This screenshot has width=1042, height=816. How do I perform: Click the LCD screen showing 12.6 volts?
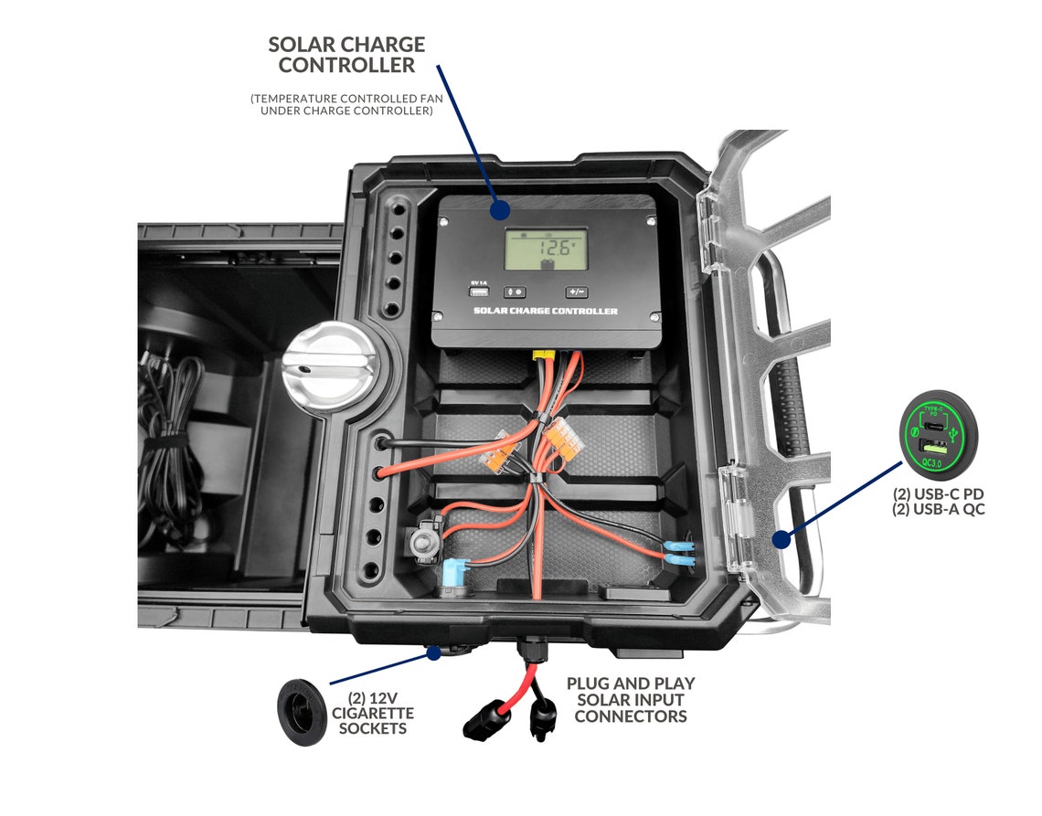point(546,249)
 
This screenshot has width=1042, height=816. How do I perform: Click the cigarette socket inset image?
point(302,709)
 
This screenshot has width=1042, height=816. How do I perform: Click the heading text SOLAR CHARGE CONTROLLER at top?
point(346,55)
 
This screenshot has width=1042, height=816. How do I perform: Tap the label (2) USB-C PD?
point(939,494)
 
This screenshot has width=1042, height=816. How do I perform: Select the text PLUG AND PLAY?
point(631,684)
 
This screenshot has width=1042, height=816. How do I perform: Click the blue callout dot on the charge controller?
point(498,209)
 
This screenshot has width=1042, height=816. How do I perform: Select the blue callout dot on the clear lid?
point(780,539)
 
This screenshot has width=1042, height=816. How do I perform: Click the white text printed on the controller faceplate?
point(546,312)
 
